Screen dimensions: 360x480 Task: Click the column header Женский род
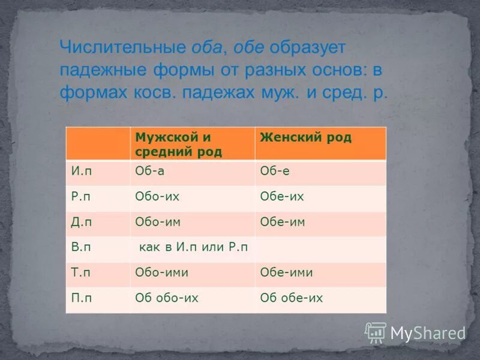305,137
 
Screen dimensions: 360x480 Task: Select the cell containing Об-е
275,172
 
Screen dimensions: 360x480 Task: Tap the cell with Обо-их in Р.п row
157,197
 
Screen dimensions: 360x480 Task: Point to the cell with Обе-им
283,223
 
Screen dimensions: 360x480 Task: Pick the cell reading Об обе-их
291,298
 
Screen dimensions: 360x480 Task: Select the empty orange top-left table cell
97,144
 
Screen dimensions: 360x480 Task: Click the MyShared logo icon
376,332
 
